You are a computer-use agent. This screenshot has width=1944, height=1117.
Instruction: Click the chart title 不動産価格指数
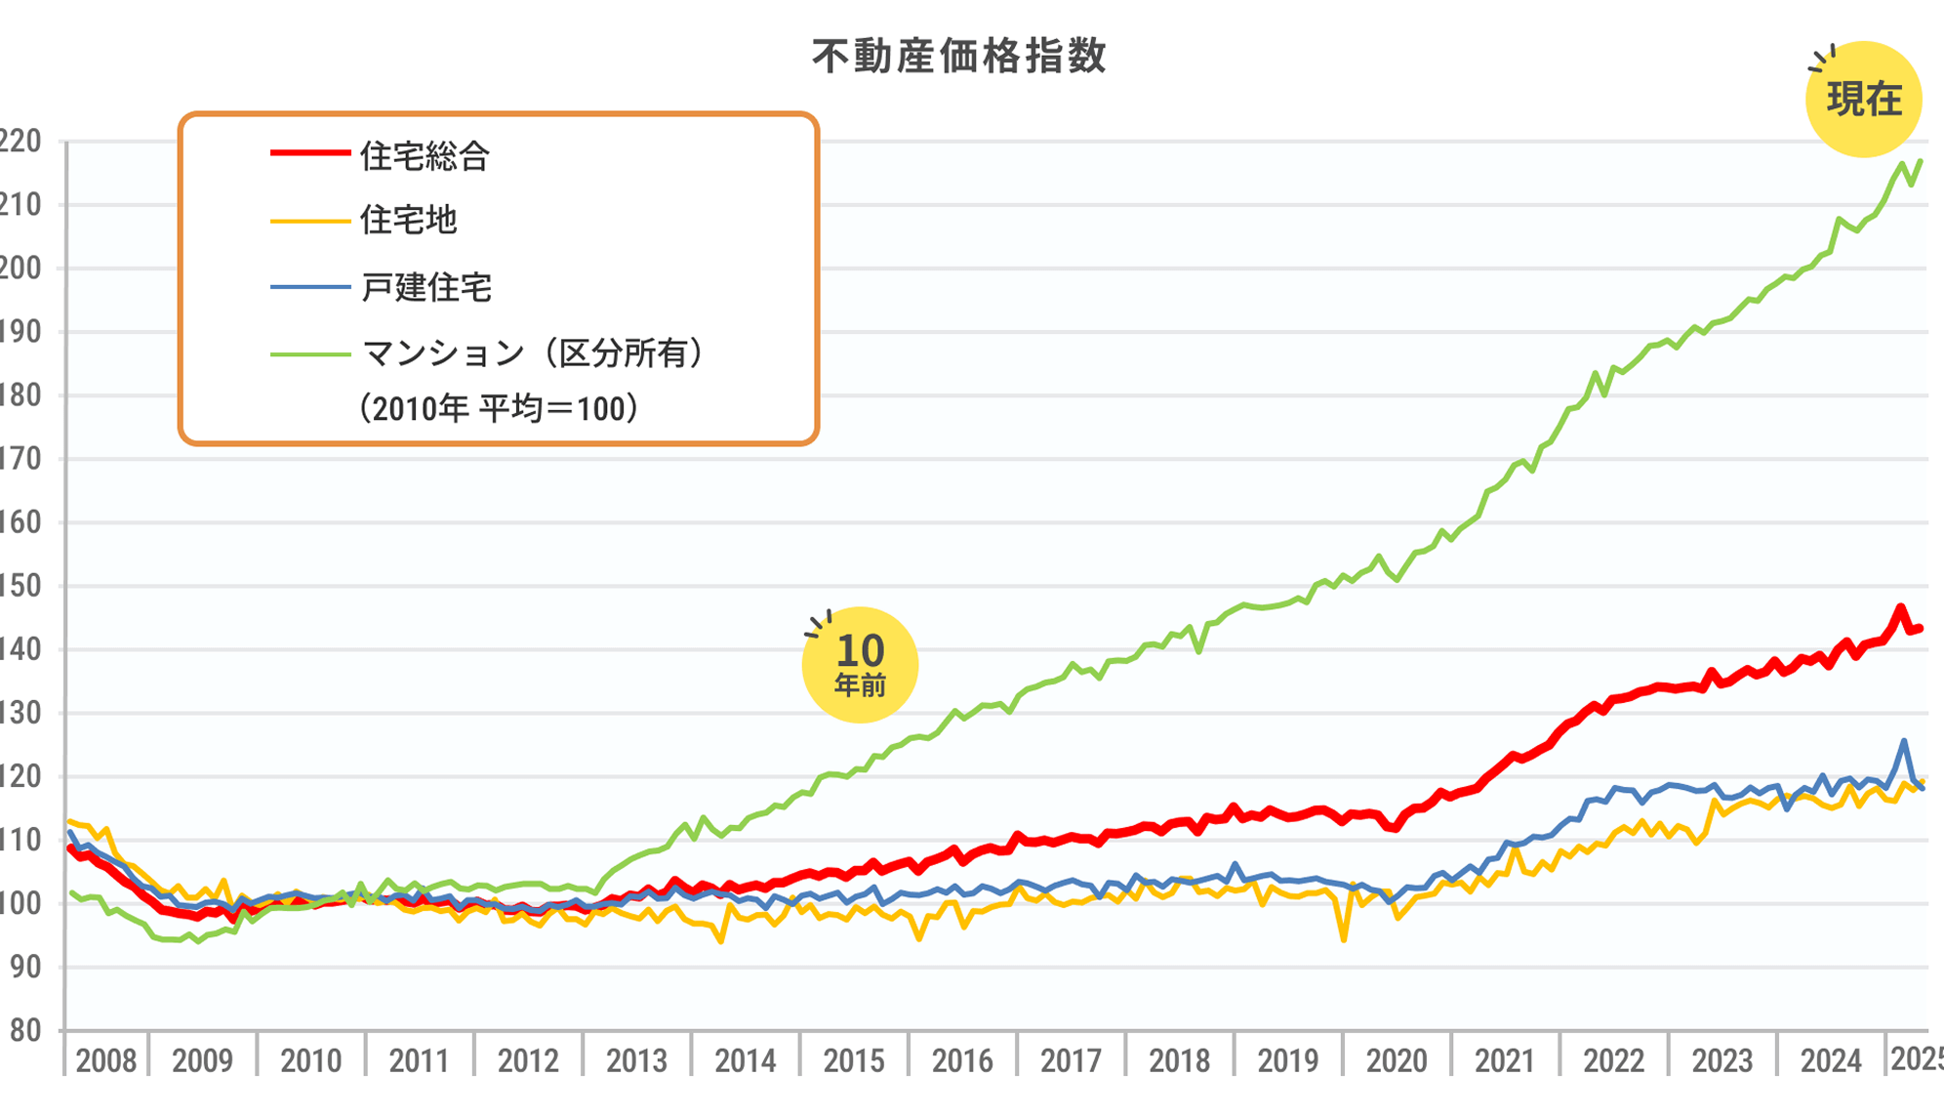point(959,57)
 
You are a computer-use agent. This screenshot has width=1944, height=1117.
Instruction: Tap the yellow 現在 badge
point(1863,100)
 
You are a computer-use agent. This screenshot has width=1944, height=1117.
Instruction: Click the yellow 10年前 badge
point(860,665)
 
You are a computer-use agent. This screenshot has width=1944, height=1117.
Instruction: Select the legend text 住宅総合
point(425,156)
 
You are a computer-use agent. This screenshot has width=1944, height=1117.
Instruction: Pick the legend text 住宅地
point(408,220)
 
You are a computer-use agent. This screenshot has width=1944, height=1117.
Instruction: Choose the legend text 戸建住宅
point(425,287)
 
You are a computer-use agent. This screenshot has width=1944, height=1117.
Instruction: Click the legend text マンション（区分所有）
point(533,352)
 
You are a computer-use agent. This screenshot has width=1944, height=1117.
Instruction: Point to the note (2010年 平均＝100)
point(499,408)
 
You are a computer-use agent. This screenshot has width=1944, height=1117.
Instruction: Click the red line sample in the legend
point(309,153)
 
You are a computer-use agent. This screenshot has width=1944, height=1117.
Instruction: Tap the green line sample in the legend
point(309,353)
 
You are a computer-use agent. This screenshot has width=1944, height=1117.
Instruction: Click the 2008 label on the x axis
point(105,1060)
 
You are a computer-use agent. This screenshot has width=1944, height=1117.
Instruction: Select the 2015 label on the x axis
point(853,1060)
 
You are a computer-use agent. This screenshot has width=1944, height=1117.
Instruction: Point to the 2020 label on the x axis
point(1396,1060)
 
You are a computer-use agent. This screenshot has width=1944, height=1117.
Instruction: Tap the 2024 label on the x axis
point(1830,1060)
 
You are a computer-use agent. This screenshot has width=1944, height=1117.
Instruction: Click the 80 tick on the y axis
point(23,1030)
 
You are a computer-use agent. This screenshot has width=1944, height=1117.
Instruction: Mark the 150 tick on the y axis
point(20,586)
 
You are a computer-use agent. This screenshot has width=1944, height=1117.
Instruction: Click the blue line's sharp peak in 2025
point(1904,741)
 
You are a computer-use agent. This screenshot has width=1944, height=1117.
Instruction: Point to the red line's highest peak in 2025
point(1900,607)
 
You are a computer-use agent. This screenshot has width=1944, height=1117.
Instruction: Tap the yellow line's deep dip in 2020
point(1344,939)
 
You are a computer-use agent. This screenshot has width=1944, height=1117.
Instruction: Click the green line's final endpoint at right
point(1921,161)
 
